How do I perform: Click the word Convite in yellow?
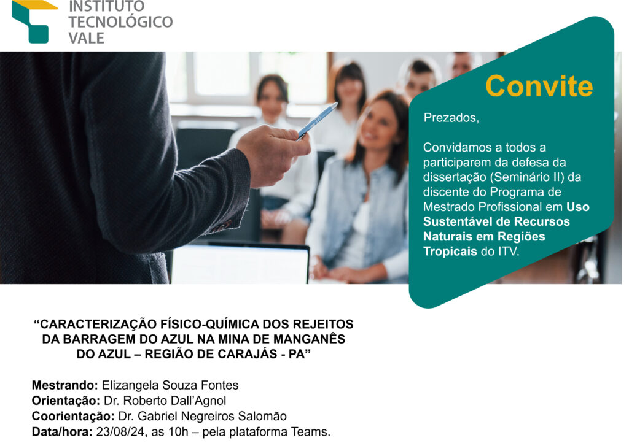coord(539,86)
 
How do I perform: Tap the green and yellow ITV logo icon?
coord(34,21)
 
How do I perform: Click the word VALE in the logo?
coord(86,38)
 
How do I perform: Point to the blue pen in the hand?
coord(317,121)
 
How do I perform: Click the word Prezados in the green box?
coord(451,118)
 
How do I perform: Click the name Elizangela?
coord(130,385)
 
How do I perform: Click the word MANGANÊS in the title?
coord(310,339)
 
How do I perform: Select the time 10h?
coord(179,432)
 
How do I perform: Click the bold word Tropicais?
coord(450,252)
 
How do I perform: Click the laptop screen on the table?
coord(240,264)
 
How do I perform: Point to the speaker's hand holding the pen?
coord(273,154)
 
